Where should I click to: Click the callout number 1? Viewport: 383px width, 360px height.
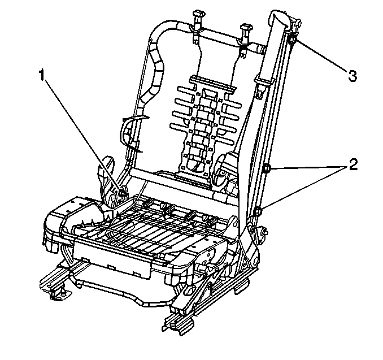click(42, 75)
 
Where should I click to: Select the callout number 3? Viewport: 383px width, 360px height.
click(352, 76)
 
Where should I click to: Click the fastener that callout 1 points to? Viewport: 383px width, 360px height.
click(122, 193)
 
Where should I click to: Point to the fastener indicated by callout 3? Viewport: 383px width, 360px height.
click(292, 39)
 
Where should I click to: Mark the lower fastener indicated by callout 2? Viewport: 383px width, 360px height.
click(258, 211)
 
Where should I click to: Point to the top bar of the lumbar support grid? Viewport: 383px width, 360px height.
click(212, 83)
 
